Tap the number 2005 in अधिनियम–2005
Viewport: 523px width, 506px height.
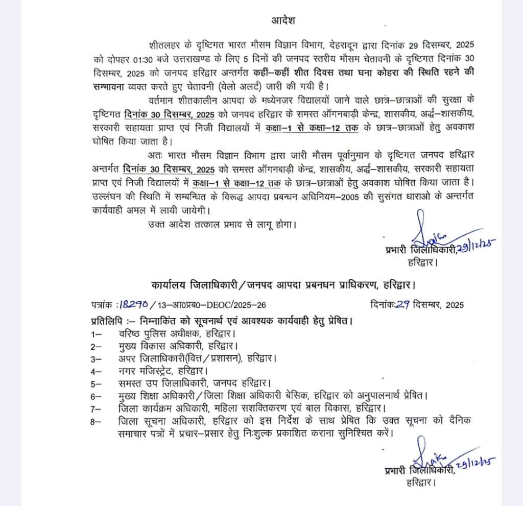coord(333,196)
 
